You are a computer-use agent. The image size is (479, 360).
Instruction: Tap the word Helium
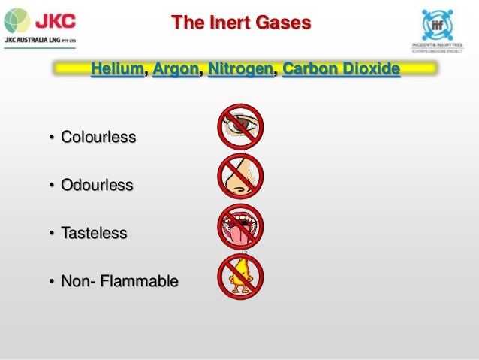[117, 70]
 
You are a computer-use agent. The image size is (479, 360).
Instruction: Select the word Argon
[176, 70]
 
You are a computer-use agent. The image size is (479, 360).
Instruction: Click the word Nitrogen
[240, 70]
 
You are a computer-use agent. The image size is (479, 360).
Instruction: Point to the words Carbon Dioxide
[341, 70]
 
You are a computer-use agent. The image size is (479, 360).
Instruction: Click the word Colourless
[98, 138]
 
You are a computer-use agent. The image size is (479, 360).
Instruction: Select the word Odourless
[97, 185]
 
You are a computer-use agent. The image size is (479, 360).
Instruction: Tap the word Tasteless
[94, 234]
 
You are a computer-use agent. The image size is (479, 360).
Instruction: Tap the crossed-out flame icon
[240, 277]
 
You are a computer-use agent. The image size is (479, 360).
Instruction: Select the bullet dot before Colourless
[52, 138]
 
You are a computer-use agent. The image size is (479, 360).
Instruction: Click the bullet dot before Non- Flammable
[52, 283]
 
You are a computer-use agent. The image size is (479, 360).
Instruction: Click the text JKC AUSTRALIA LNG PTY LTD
[44, 41]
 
